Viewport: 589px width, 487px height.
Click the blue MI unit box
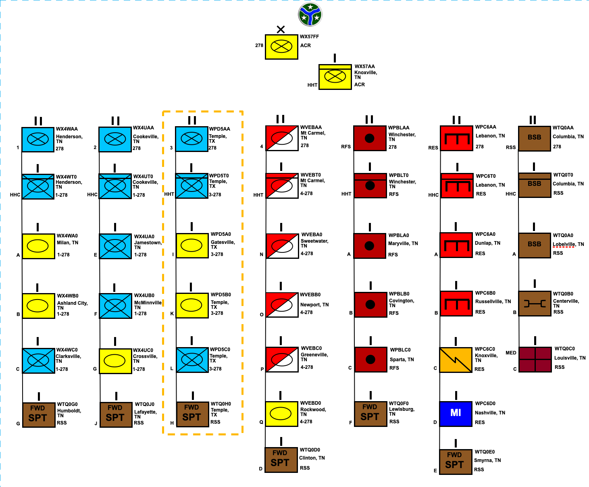pyautogui.click(x=456, y=414)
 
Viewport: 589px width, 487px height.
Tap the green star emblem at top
pyautogui.click(x=310, y=15)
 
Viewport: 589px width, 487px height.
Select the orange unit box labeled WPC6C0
pyautogui.click(x=456, y=360)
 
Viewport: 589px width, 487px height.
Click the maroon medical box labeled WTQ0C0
pyautogui.click(x=535, y=360)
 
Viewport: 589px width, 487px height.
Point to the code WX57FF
pyautogui.click(x=309, y=37)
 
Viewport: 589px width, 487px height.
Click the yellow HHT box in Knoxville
pyautogui.click(x=335, y=77)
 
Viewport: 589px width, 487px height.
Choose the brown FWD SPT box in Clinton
pyautogui.click(x=281, y=460)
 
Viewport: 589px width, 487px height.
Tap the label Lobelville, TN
pyautogui.click(x=568, y=244)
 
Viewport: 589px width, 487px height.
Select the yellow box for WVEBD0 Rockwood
pyautogui.click(x=281, y=414)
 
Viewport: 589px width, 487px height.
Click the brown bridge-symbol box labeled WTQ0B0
pyautogui.click(x=535, y=304)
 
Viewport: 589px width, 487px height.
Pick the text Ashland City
pyautogui.click(x=72, y=303)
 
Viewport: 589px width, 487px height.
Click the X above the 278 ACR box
pyautogui.click(x=281, y=29)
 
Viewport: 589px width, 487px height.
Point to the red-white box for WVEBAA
pyautogui.click(x=282, y=138)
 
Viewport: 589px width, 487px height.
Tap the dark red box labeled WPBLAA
pyautogui.click(x=370, y=138)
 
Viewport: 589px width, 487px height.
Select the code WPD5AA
pyautogui.click(x=219, y=129)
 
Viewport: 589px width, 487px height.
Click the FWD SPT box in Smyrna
pyautogui.click(x=456, y=462)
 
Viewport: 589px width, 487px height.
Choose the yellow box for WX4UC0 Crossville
pyautogui.click(x=115, y=361)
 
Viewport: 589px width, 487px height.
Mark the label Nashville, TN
pyautogui.click(x=490, y=413)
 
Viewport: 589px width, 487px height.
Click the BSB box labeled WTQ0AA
pyautogui.click(x=535, y=139)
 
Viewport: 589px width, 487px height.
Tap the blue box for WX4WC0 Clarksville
pyautogui.click(x=39, y=360)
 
